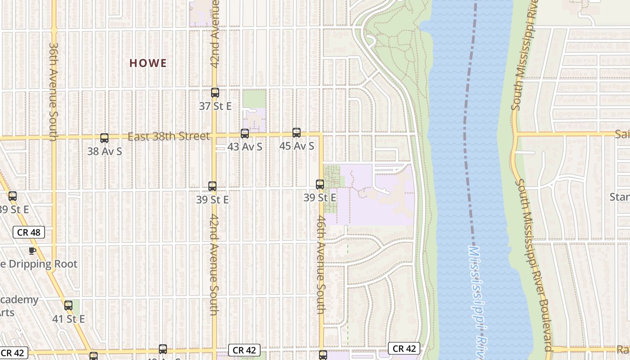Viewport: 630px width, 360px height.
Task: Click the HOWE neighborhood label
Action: [x=148, y=63]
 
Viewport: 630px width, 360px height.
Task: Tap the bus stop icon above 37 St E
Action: [x=215, y=93]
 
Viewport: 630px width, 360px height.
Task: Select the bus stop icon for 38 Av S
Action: [x=104, y=138]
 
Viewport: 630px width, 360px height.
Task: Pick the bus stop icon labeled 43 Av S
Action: [x=245, y=134]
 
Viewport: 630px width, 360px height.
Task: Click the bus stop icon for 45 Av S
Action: [x=297, y=133]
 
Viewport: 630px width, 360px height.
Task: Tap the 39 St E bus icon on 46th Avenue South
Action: [x=320, y=184]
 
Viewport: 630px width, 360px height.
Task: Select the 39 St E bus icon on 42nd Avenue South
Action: [x=212, y=186]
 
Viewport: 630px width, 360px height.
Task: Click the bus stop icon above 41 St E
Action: [x=68, y=306]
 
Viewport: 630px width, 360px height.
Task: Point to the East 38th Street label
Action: [x=169, y=136]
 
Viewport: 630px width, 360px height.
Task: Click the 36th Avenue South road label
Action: [x=54, y=92]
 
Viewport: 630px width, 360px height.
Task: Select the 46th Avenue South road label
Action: [x=320, y=265]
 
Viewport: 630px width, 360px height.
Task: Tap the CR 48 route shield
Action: [x=29, y=232]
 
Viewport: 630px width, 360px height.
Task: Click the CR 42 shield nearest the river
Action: [x=404, y=348]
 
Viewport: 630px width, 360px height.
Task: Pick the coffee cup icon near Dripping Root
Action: [x=32, y=251]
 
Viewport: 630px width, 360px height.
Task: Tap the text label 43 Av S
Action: [x=245, y=147]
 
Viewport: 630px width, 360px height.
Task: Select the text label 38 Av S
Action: [x=104, y=151]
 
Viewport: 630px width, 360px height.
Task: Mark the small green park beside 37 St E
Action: [x=254, y=99]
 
